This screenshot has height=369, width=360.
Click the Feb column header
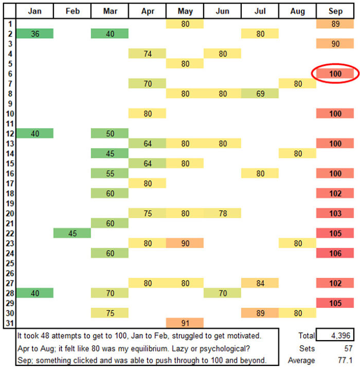(72, 11)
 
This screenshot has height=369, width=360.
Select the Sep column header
(335, 11)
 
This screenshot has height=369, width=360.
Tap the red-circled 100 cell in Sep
(335, 74)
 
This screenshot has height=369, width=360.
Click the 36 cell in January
(35, 33)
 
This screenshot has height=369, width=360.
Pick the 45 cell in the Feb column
(72, 233)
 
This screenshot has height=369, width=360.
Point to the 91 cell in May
(185, 323)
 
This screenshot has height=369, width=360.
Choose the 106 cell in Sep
(335, 253)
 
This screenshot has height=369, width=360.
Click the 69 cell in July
(260, 94)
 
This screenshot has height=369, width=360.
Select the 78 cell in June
(222, 213)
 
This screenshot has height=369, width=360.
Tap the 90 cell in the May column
(185, 243)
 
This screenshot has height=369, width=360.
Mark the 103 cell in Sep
(335, 213)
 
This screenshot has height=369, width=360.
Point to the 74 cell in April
(147, 54)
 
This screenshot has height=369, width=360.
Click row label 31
(9, 323)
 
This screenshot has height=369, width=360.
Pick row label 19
(9, 203)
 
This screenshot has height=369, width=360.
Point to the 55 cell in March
(110, 173)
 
